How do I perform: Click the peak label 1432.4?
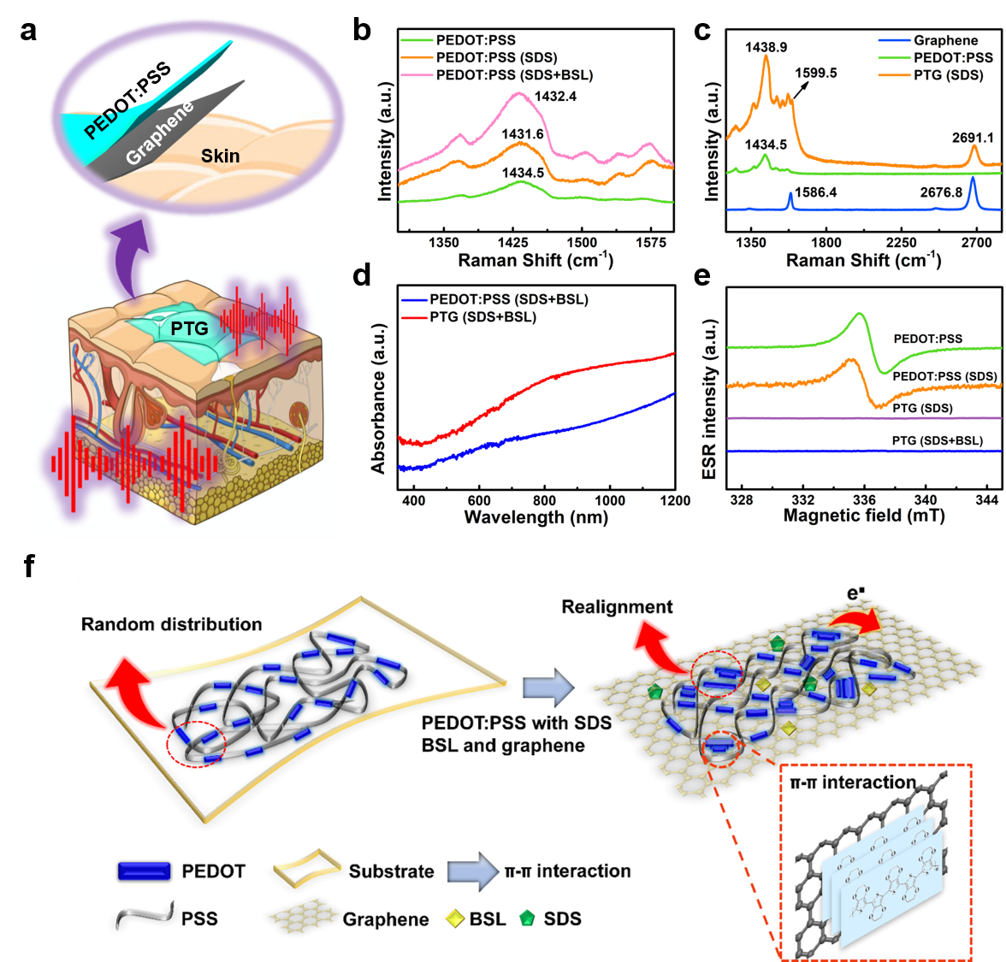point(555,97)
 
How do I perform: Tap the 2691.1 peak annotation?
point(973,138)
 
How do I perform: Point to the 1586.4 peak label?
point(814,192)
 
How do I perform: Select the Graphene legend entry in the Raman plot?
point(945,40)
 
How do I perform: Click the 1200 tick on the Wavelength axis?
point(675,500)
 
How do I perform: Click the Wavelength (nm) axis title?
point(536,517)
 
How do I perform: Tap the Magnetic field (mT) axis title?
point(864,516)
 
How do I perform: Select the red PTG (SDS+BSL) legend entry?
point(482,317)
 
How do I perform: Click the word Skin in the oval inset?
point(220,156)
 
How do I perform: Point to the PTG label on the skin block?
point(189,328)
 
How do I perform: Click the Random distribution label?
point(171,624)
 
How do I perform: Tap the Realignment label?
point(617,607)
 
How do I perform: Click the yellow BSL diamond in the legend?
point(454,919)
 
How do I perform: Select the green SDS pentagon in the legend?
point(528,919)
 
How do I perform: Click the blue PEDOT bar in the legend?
point(143,871)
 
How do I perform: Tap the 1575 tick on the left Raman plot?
point(650,243)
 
